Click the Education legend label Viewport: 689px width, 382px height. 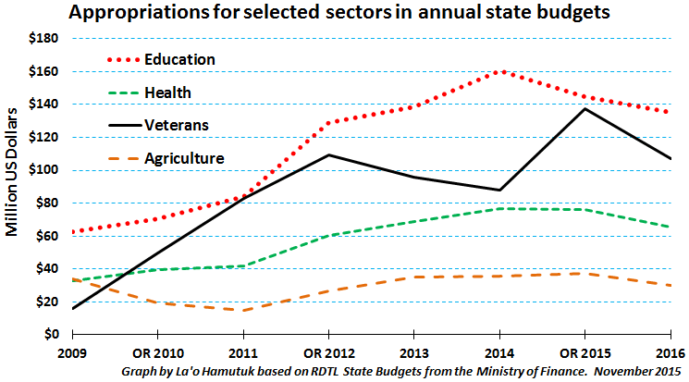pos(179,59)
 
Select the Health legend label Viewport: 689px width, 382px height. pos(167,92)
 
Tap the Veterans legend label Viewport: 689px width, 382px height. pos(177,125)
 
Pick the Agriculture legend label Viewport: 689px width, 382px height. pos(184,158)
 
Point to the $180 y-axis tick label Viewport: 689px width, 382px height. pos(43,38)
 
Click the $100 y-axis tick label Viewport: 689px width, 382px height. pos(43,169)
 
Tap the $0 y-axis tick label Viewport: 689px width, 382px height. pos(52,334)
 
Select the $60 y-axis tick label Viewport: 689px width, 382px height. pos(47,236)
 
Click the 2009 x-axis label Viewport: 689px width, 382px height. pos(72,353)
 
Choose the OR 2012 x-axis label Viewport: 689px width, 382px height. pos(329,353)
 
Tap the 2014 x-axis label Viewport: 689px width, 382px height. pos(499,353)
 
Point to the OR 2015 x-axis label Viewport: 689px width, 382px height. pos(585,353)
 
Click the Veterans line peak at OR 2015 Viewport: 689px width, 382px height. pos(584,108)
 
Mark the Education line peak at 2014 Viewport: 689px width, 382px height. pos(502,71)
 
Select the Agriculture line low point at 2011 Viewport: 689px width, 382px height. pos(243,311)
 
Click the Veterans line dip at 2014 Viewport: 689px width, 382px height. pos(499,190)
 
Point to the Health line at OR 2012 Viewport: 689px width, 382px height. pos(328,236)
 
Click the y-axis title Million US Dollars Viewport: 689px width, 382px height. pos(12,172)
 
